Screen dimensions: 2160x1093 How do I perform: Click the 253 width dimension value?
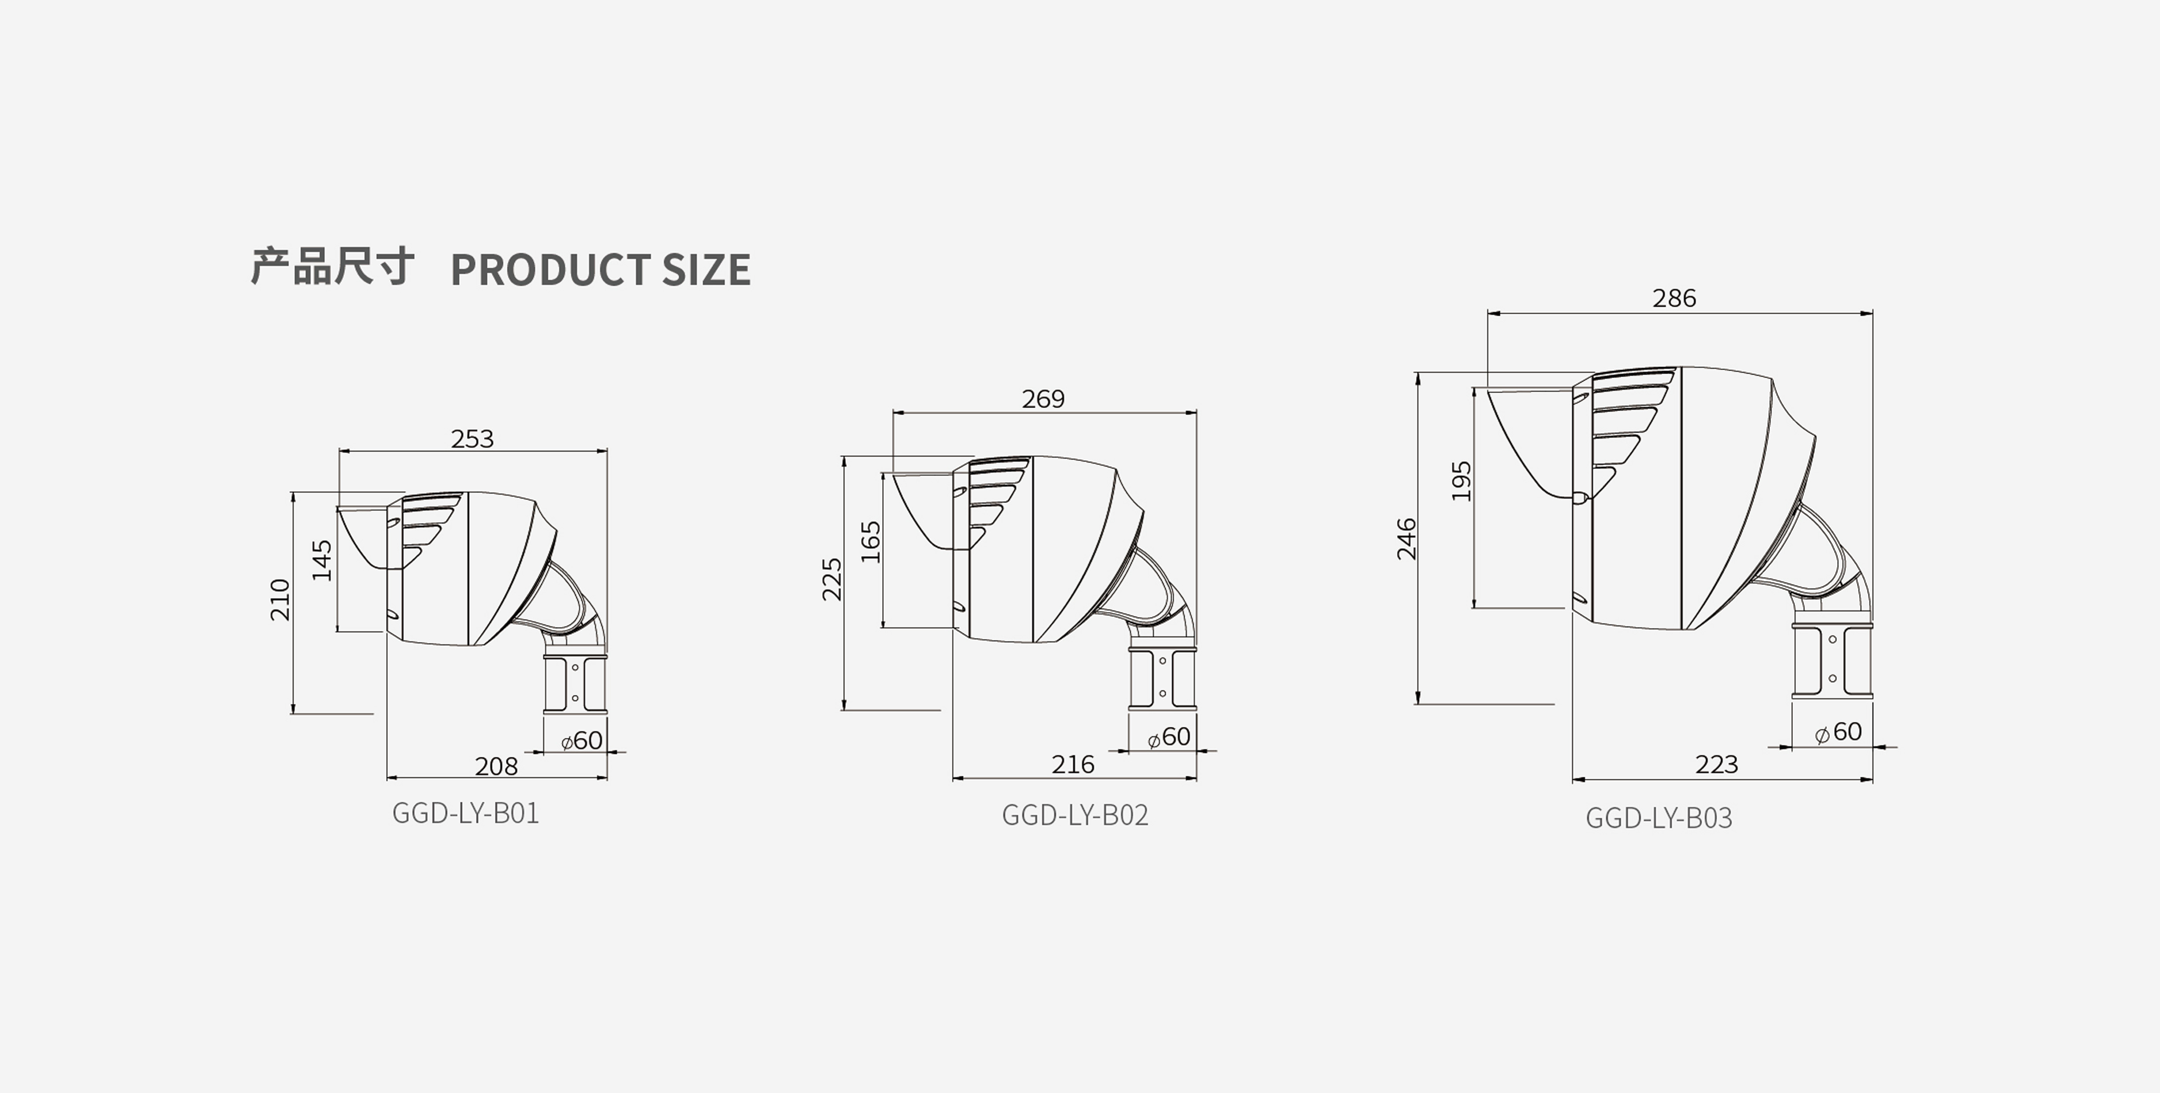[x=472, y=439]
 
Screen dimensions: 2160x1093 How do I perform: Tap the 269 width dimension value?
[x=1043, y=399]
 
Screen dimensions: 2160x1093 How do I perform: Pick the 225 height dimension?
[x=832, y=579]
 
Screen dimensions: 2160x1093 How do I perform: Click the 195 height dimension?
[x=1462, y=481]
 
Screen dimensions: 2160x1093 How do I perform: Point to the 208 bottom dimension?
[x=497, y=766]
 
